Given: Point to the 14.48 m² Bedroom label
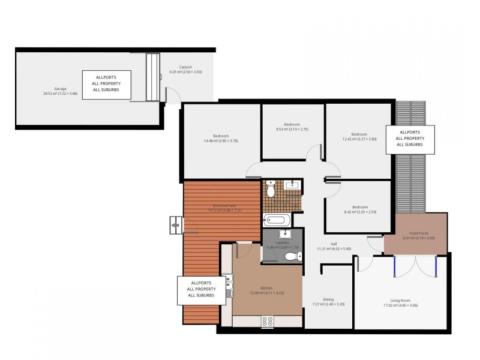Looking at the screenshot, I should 221,139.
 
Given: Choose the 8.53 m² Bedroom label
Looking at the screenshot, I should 292,127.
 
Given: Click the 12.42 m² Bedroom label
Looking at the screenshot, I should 359,136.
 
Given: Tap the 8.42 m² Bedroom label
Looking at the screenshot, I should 359,209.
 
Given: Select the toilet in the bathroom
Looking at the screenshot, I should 271,190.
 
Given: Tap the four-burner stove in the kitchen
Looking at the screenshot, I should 267,322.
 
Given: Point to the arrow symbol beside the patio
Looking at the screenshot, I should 175,226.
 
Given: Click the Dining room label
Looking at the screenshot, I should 328,302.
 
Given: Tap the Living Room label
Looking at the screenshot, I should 400,302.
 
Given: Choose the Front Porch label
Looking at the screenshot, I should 418,235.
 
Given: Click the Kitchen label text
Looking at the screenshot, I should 266,290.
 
